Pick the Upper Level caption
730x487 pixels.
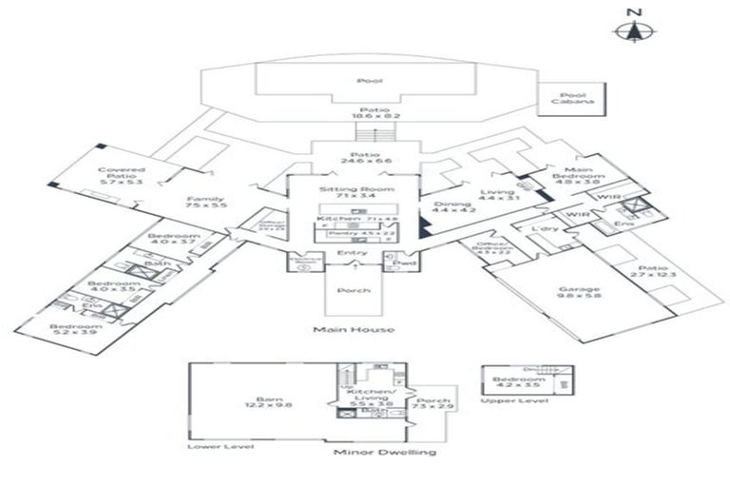501,400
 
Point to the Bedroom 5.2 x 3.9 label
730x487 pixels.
71,329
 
